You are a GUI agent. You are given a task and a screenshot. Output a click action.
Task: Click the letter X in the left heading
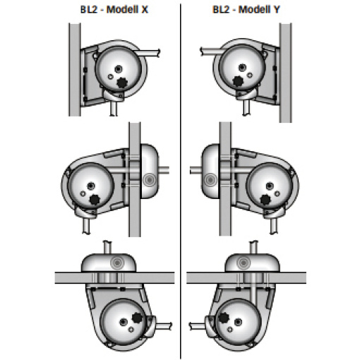click(145, 9)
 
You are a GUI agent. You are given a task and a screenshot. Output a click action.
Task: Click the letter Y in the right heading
click(277, 9)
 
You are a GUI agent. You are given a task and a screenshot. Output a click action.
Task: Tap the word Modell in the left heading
click(122, 9)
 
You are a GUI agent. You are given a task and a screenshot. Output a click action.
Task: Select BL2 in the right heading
click(220, 9)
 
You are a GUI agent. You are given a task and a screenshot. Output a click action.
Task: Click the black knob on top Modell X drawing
click(122, 83)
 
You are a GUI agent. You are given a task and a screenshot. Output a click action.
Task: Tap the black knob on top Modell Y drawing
click(238, 81)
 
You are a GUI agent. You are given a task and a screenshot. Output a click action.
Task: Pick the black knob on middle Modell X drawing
click(95, 200)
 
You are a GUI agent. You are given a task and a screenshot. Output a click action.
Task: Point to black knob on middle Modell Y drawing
click(265, 200)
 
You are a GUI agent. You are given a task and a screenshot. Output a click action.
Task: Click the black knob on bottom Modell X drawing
click(137, 318)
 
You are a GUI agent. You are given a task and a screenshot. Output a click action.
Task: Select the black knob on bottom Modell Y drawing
click(223, 318)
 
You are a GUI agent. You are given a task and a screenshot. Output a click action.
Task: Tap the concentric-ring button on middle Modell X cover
click(149, 180)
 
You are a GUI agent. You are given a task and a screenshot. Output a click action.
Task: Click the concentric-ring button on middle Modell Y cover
click(210, 180)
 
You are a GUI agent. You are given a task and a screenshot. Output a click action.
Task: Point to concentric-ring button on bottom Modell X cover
click(117, 263)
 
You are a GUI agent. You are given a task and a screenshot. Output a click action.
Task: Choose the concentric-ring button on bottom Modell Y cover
click(244, 262)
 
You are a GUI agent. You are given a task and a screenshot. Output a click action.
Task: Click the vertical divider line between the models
click(181, 181)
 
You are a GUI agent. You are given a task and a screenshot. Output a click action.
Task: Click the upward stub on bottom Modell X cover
click(107, 247)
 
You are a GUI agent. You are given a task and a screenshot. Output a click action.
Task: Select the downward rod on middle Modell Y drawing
click(273, 225)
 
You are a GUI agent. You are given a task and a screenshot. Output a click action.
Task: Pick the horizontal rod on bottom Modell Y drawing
click(198, 326)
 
